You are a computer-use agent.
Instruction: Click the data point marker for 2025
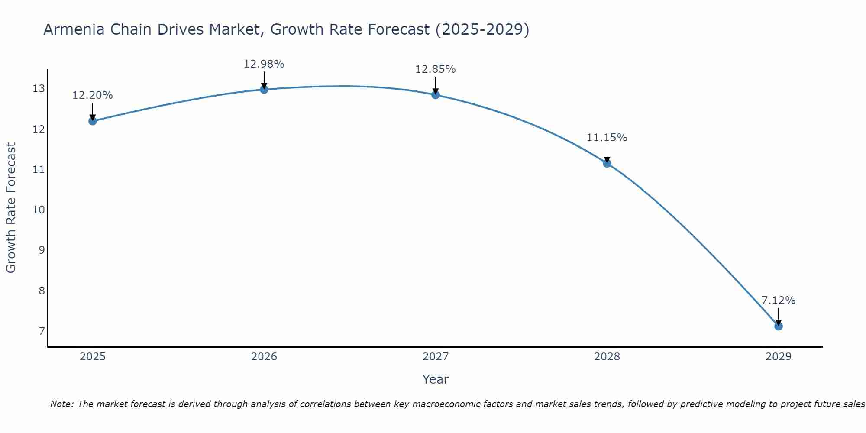click(x=92, y=121)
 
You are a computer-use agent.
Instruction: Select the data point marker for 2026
click(x=264, y=89)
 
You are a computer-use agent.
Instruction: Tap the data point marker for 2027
click(x=436, y=94)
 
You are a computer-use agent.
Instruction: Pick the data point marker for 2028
click(x=607, y=163)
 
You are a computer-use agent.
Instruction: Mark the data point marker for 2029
click(x=779, y=326)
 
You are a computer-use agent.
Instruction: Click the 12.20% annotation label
click(x=92, y=95)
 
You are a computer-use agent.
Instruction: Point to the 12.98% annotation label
click(x=264, y=64)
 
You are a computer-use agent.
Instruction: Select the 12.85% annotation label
click(x=435, y=69)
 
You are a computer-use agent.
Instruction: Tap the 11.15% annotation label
click(x=607, y=138)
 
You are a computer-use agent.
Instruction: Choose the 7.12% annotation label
click(x=778, y=301)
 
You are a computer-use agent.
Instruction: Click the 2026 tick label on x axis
click(x=264, y=357)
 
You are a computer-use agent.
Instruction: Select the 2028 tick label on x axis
click(x=607, y=357)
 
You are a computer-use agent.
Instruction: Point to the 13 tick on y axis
click(x=39, y=89)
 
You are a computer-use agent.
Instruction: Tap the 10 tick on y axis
click(x=39, y=210)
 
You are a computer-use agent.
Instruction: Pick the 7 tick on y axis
click(x=42, y=331)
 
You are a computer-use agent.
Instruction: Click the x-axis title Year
click(x=435, y=379)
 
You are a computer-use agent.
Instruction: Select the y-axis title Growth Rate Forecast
click(x=11, y=207)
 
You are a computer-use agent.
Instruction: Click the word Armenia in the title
click(x=74, y=29)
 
